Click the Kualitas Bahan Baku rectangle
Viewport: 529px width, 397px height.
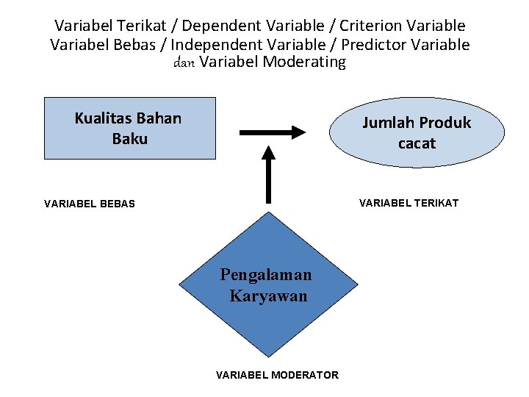130,129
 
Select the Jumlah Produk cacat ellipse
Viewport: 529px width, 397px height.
417,133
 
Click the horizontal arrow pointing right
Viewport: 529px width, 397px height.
273,132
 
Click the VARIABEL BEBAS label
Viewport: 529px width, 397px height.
90,204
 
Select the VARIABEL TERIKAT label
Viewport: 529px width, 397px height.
408,203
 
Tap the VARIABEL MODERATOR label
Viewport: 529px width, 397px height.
277,375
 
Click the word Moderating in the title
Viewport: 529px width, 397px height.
303,62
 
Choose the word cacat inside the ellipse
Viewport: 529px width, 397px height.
417,143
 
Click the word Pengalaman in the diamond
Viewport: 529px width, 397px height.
266,274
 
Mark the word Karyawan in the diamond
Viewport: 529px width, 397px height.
268,296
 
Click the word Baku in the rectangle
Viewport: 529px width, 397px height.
130,138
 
